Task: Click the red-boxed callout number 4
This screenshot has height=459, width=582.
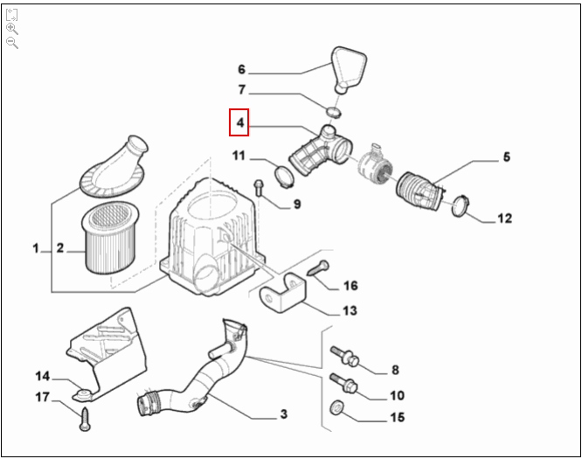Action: (239, 123)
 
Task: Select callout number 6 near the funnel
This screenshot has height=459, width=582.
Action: (242, 69)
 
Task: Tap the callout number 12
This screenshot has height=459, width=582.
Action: (504, 219)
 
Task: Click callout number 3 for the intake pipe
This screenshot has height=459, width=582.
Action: (283, 414)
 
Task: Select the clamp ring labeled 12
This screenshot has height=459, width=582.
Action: (461, 207)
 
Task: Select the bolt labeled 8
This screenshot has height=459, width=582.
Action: (343, 357)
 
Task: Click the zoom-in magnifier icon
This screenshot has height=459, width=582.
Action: (12, 28)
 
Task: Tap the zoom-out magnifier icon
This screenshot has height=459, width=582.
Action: (12, 42)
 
